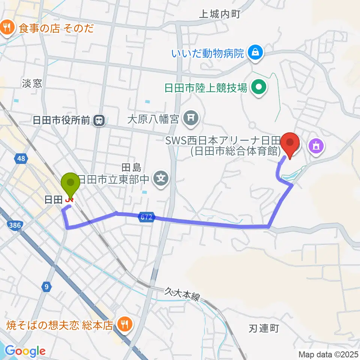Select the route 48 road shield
pyautogui.click(x=21, y=159)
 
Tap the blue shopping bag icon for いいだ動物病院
pyautogui.click(x=255, y=52)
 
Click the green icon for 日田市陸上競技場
pyautogui.click(x=258, y=88)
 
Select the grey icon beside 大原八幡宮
pyautogui.click(x=190, y=120)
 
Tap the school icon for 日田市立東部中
pyautogui.click(x=161, y=177)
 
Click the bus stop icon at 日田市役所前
pyautogui.click(x=99, y=120)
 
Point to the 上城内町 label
pyautogui.click(x=219, y=14)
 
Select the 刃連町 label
pyautogui.click(x=264, y=329)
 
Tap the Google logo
pyautogui.click(x=25, y=351)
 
